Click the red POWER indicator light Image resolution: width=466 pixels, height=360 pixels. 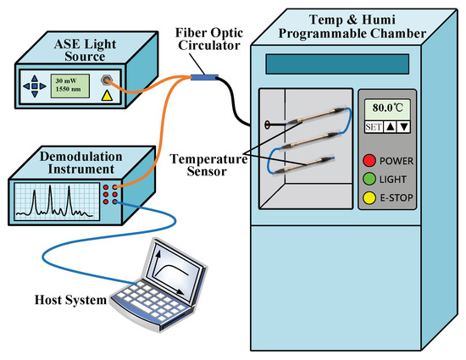[x=370, y=160]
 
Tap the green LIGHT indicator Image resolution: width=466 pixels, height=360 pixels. [x=370, y=179]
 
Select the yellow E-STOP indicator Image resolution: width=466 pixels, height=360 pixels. [x=370, y=197]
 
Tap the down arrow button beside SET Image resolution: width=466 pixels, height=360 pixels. [x=403, y=127]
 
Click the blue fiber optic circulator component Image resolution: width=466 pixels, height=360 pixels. [x=202, y=78]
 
